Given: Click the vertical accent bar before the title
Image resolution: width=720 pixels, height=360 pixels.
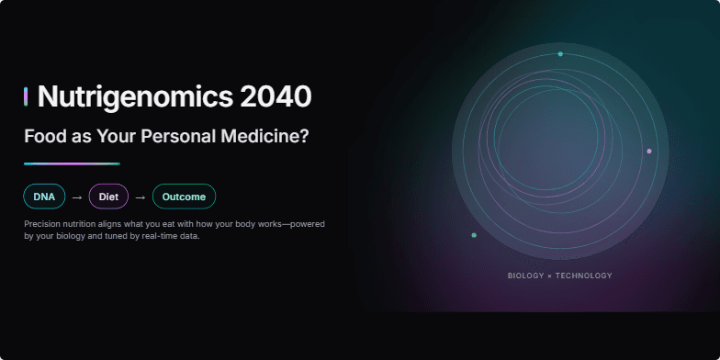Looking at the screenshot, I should point(26,96).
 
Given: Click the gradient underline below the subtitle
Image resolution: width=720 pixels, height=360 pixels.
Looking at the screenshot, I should point(72,163).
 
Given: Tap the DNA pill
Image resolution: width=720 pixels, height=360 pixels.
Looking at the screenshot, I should point(44,197).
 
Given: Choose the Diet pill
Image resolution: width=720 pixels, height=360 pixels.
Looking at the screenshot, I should point(108,197).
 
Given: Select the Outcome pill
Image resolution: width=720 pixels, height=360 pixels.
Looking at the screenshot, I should point(184,197).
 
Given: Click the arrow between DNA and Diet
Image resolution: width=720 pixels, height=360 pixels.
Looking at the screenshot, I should point(77,197).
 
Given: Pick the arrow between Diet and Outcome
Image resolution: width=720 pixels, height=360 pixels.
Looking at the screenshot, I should point(141,197).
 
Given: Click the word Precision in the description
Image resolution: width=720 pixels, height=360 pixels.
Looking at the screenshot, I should point(44,224).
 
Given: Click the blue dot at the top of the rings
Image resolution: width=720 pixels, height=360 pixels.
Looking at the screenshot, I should point(560,54).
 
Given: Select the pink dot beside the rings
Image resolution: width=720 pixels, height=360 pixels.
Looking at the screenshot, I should point(649,151).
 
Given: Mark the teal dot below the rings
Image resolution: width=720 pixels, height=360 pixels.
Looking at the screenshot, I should point(474,235).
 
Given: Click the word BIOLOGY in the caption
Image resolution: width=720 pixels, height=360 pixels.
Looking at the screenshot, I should point(525,276).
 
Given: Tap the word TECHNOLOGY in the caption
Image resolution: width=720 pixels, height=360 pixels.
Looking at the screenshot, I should point(583,276).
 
